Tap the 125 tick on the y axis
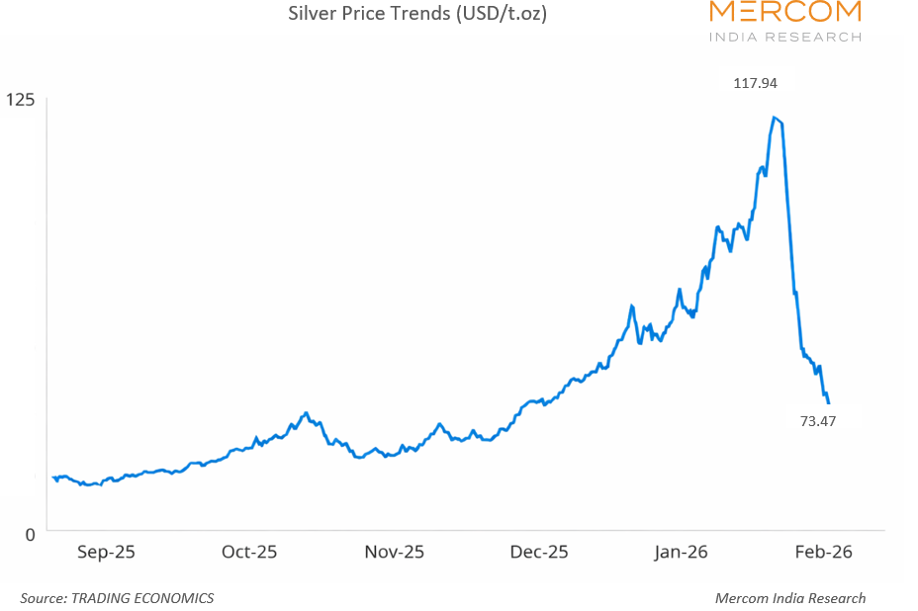coord(20,99)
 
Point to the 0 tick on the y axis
coord(29,534)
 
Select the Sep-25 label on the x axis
coord(106,552)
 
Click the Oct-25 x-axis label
coord(249,552)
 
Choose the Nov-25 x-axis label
coord(395,552)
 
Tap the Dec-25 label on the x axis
coord(539,552)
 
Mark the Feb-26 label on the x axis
coord(823,552)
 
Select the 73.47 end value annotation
coord(818,421)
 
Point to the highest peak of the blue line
coord(774,118)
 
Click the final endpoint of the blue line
coord(828,402)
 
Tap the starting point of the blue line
coord(52,477)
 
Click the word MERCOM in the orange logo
coord(785,12)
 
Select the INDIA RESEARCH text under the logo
coord(785,37)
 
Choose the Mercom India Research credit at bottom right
coord(789,598)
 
